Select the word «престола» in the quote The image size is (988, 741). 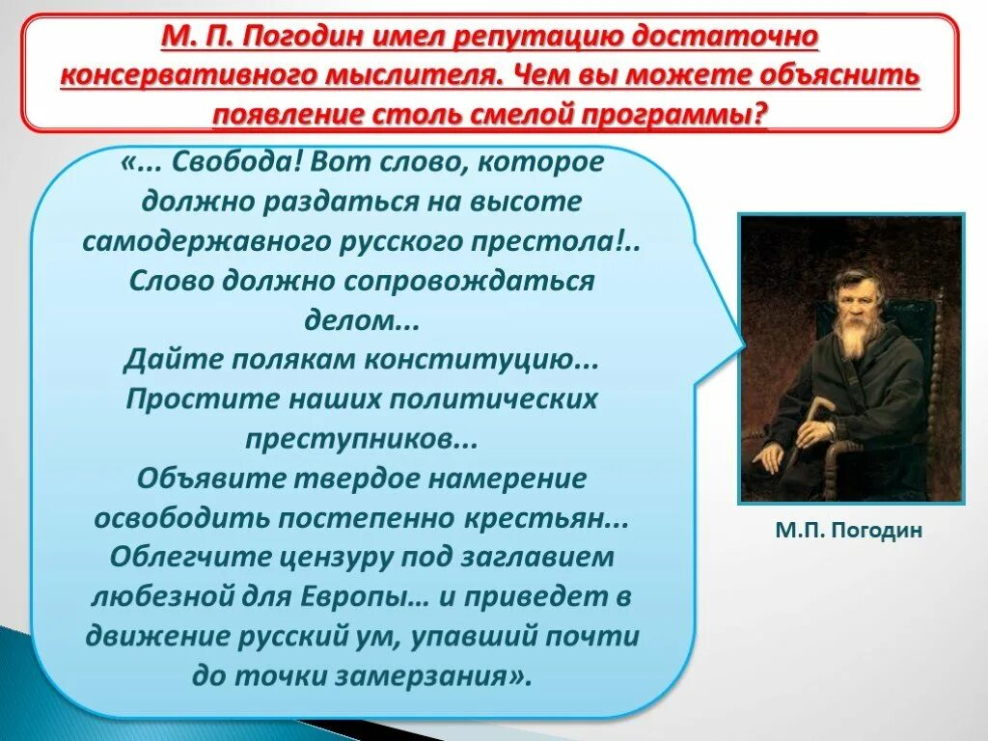click(563, 241)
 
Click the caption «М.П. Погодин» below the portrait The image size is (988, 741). click(848, 530)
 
